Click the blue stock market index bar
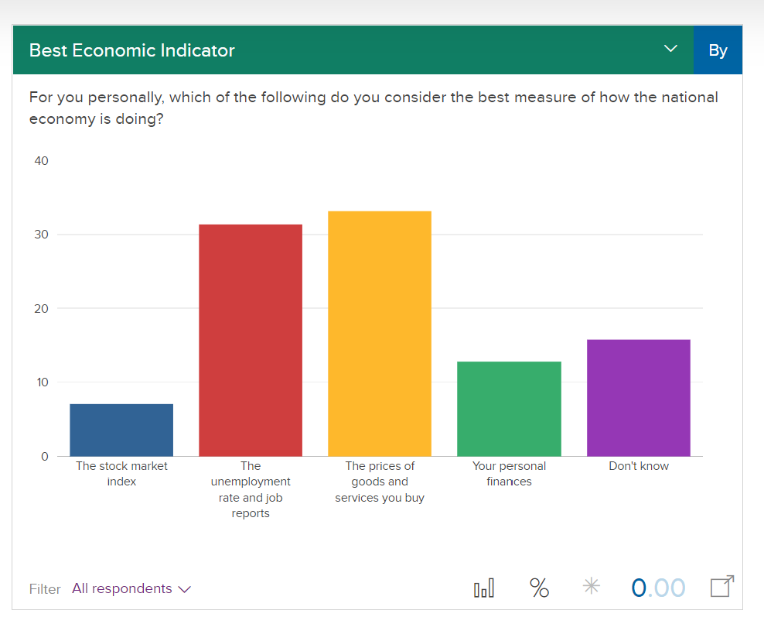point(121,430)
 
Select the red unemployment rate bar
point(251,340)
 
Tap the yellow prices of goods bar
point(380,333)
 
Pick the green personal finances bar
point(509,409)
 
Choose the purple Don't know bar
point(639,397)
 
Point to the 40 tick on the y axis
point(41,161)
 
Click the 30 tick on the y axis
point(41,235)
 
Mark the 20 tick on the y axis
point(41,308)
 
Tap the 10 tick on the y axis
point(41,382)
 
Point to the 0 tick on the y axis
point(44,456)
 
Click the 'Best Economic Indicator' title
point(131,50)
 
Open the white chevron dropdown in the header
point(670,50)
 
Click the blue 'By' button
point(718,50)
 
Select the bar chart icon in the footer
point(484,588)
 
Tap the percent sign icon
point(539,588)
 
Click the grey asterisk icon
point(591,587)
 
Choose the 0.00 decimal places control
point(658,588)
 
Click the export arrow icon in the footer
point(721,587)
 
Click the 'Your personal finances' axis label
point(509,474)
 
